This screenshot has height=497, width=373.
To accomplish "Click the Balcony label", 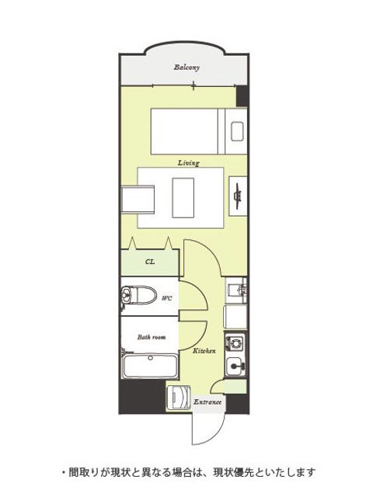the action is pyautogui.click(x=186, y=68).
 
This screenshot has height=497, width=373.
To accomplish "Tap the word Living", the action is pyautogui.click(x=188, y=163).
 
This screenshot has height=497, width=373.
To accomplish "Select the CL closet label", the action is pyautogui.click(x=150, y=262).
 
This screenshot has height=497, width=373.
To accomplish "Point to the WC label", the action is pyautogui.click(x=167, y=298).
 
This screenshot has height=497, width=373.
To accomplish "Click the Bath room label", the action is pyautogui.click(x=152, y=337).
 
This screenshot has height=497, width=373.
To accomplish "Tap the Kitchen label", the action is pyautogui.click(x=204, y=351).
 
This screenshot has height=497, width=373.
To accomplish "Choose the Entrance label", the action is pyautogui.click(x=207, y=402).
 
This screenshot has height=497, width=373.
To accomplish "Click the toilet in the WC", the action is pyautogui.click(x=139, y=295).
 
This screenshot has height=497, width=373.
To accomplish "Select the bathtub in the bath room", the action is pyautogui.click(x=150, y=367).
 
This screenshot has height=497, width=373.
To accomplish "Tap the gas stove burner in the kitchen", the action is pyautogui.click(x=235, y=342).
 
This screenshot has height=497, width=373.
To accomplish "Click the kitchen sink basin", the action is pyautogui.click(x=235, y=367).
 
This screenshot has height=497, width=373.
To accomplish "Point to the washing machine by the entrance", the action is pyautogui.click(x=179, y=398).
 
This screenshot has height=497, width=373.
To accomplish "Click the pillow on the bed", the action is pyautogui.click(x=237, y=131).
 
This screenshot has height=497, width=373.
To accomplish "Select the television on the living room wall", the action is pyautogui.click(x=238, y=196).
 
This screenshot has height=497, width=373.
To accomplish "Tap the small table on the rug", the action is pyautogui.click(x=183, y=198).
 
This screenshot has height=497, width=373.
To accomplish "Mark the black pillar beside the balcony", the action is pyautogui.click(x=242, y=96).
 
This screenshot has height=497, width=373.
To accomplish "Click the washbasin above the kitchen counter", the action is pyautogui.click(x=236, y=290).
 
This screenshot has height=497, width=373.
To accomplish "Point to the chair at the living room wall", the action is pyautogui.click(x=138, y=200).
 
